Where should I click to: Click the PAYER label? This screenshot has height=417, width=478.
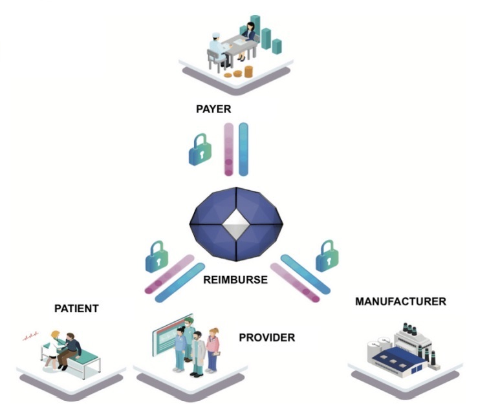(213, 108)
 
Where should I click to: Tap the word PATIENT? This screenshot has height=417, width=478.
(76, 308)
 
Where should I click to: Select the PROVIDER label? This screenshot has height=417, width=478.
(267, 337)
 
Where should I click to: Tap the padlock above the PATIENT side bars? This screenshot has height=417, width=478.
(158, 257)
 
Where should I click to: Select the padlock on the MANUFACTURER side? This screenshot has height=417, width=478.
(328, 257)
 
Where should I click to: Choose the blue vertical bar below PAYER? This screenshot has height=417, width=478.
(243, 149)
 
